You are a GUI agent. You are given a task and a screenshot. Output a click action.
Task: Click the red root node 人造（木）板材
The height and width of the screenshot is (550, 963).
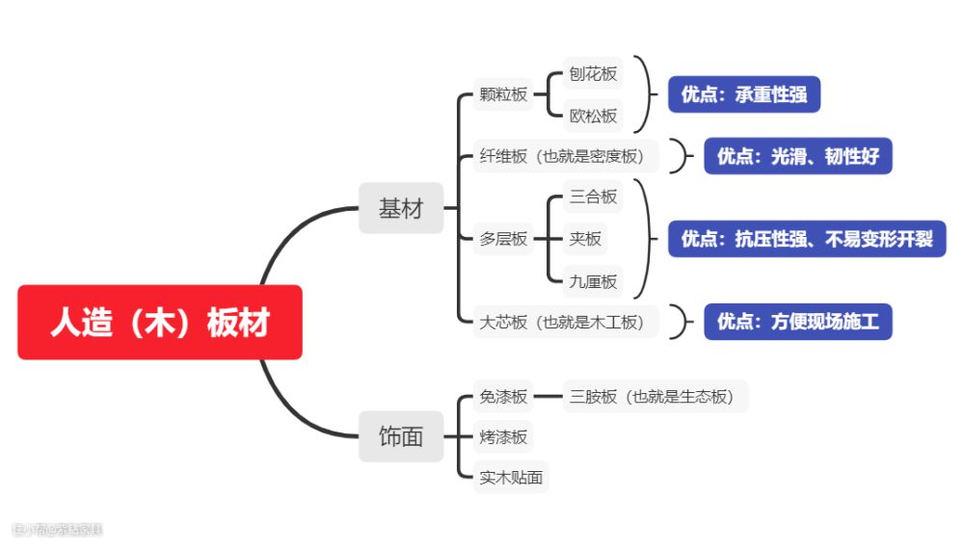(x=160, y=322)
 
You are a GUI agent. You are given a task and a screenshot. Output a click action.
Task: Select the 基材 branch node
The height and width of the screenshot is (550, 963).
(x=401, y=208)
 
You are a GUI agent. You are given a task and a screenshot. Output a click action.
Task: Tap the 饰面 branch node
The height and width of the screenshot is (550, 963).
(x=401, y=436)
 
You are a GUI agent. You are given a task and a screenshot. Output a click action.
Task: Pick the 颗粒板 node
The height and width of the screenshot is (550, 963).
(x=503, y=94)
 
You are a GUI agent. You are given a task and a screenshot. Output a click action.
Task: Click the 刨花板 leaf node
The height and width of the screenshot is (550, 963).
(x=593, y=73)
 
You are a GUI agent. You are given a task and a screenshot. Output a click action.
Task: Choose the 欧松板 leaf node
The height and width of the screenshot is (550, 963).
(x=593, y=116)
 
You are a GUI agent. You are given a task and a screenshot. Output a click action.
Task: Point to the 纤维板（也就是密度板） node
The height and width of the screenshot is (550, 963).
(x=566, y=156)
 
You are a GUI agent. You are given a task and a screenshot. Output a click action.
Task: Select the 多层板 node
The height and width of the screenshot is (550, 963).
(x=503, y=238)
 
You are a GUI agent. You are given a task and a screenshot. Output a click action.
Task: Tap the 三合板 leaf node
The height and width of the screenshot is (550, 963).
(x=593, y=196)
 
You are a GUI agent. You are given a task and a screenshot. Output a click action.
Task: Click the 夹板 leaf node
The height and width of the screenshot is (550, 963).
(x=585, y=238)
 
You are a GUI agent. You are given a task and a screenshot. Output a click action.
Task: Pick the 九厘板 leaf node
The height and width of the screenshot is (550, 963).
(x=593, y=281)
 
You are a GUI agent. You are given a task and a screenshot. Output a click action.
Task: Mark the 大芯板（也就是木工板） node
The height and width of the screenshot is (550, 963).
(x=566, y=322)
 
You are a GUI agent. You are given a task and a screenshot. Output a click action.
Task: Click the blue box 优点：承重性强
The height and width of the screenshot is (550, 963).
(x=744, y=94)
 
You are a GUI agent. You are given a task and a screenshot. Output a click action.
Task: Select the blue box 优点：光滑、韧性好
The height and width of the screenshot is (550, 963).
(x=798, y=156)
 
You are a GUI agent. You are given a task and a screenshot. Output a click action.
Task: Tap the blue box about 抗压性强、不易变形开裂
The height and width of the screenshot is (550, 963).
(x=807, y=238)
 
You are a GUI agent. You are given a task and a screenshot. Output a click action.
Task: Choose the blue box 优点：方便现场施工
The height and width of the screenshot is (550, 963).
(x=798, y=322)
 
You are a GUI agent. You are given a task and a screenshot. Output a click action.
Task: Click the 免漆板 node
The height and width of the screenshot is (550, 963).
(x=503, y=397)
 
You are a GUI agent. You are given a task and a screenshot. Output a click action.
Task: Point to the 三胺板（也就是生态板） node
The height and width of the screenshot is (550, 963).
(x=655, y=397)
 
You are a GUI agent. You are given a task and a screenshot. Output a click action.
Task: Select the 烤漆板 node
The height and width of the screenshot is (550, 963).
(x=503, y=436)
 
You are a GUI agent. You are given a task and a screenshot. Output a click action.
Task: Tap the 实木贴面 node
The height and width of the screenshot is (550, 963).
(x=511, y=477)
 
